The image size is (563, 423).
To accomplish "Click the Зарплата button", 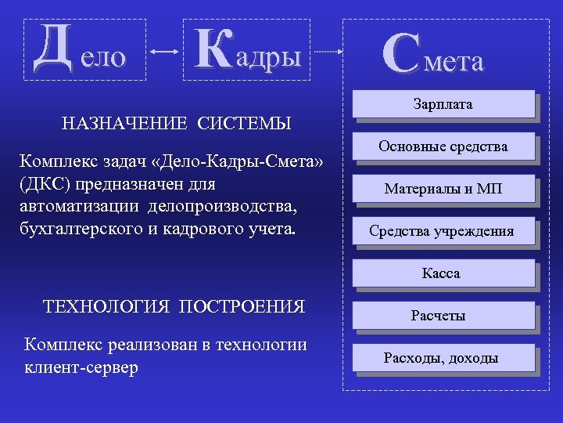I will (x=443, y=105).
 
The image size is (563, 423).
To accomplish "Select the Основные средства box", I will (x=443, y=146).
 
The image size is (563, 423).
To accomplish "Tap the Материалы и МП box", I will (x=443, y=189).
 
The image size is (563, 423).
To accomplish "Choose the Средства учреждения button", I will (x=443, y=231).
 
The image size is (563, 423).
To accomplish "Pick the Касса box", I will (x=443, y=273).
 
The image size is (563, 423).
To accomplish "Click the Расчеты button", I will (x=443, y=316).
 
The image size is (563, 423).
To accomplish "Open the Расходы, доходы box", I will (x=443, y=358).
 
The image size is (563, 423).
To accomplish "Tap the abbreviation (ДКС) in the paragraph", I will (x=50, y=186).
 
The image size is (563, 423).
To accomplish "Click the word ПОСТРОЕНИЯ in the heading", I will (x=242, y=305).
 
